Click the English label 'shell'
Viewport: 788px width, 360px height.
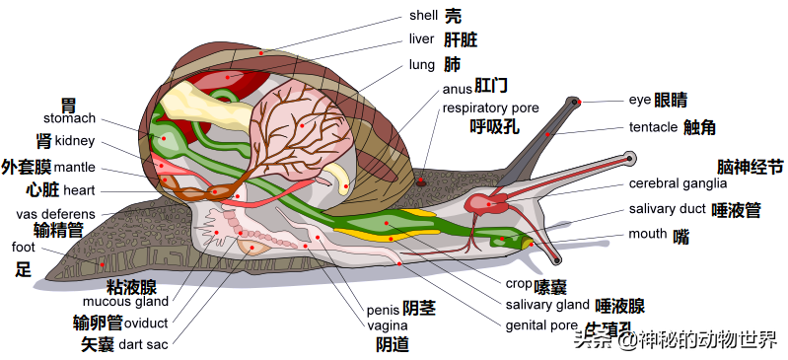424,16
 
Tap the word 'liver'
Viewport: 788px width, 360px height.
421,40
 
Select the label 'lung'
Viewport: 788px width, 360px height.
421,65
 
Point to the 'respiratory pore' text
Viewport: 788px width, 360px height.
490,108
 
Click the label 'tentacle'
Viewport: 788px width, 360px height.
653,127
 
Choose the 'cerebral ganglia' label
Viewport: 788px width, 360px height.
678,183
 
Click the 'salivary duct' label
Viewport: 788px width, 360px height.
668,209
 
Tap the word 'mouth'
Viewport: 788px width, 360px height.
648,235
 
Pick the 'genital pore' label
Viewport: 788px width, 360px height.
541,325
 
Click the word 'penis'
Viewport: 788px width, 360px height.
384,309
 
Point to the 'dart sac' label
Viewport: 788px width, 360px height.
143,344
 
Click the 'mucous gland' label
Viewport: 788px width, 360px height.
125,302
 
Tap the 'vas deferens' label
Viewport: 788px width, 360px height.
56,214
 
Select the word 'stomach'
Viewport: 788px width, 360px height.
69,118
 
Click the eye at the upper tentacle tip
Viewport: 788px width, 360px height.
578,101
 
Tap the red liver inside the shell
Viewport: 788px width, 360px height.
233,77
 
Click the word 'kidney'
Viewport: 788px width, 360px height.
75,141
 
